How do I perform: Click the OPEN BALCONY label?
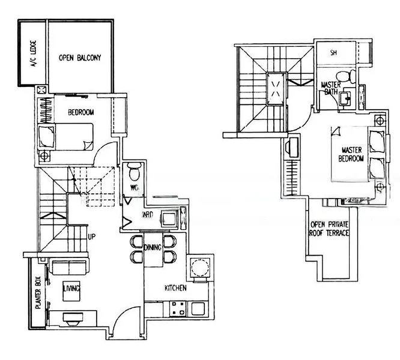79,58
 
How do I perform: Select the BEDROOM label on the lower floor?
79,112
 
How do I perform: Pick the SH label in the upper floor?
333,53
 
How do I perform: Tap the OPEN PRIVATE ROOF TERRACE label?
329,229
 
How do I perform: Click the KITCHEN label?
175,289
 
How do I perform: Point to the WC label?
135,189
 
